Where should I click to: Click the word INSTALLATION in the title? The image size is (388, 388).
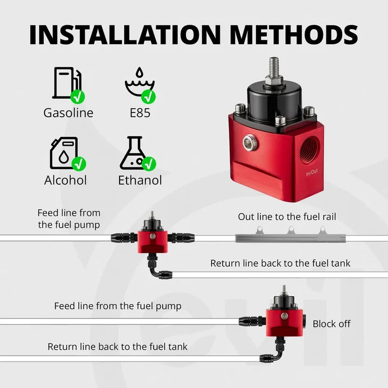pos(124,34)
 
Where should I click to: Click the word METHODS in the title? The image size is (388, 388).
pos(294,34)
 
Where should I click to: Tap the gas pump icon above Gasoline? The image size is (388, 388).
pos(66,83)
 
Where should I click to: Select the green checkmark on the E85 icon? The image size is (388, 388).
pos(148,96)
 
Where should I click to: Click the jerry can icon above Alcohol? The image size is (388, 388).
pos(64,153)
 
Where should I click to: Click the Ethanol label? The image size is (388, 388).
pos(140,180)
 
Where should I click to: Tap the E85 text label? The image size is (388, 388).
pos(140,113)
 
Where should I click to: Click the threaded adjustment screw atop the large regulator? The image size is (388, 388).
pos(274,67)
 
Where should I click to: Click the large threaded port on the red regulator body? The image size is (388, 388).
pos(309,149)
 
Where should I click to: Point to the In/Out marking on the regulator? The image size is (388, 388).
pos(312,172)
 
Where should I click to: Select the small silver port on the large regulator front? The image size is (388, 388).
pos(250,142)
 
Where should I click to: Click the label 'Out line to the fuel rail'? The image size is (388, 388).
pos(287,217)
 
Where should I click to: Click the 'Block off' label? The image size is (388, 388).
pos(331,324)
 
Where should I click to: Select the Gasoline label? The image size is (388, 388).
pos(68,113)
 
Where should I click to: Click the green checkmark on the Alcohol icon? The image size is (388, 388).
pos(79,164)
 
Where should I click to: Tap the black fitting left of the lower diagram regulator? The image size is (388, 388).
pos(252,321)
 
